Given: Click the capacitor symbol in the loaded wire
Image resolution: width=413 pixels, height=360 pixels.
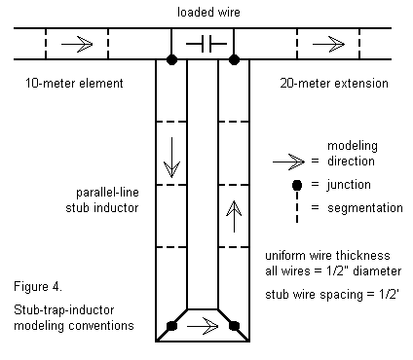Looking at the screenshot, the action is coord(206,44).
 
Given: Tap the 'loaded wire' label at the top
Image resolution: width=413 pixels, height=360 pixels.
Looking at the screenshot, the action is coord(208,13).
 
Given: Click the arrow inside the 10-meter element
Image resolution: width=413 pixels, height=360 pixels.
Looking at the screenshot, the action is coord(77,44).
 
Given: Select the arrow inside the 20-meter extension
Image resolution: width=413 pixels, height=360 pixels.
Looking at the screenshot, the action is coord(328,44).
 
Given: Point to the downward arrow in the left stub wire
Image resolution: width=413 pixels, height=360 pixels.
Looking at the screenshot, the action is coord(171,158).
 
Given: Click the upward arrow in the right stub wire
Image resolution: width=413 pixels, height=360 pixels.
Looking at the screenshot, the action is coord(234,216).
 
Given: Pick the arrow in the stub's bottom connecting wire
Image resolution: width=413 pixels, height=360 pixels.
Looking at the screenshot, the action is coord(203,326).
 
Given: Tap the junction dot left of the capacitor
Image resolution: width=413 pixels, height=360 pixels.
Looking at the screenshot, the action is coord(171,59).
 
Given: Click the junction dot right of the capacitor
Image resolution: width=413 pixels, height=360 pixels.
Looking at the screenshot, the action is coord(234,59).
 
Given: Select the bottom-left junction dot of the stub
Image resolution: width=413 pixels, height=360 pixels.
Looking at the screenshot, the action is coord(171,326).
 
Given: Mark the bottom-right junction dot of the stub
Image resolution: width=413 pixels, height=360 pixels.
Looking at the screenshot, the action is coord(234,326).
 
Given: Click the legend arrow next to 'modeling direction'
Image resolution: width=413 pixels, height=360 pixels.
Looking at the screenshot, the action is coord(288,162).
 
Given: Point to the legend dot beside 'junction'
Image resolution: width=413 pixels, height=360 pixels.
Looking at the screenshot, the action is coord(297,185).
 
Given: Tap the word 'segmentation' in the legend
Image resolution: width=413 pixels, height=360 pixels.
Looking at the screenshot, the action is coord(365,208).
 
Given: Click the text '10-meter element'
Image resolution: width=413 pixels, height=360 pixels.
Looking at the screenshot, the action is coord(74,84).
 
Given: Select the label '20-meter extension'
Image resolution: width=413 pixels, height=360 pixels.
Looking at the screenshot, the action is coord(334,84).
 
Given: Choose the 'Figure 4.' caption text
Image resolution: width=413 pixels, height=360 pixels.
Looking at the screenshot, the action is coord(38,287).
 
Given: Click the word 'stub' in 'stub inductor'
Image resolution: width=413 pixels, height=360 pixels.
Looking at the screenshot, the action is coord(78,208).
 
